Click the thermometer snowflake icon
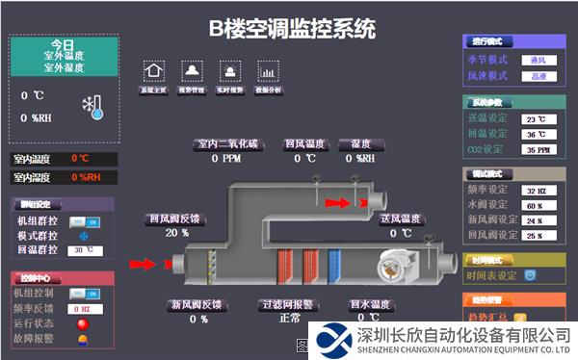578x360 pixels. (93, 107)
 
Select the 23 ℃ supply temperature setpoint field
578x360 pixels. (539, 119)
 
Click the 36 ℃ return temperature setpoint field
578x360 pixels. (539, 135)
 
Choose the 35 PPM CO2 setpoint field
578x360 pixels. (539, 150)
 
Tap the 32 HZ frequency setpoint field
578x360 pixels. (539, 190)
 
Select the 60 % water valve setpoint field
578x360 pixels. (539, 205)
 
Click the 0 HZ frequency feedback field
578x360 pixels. (85, 308)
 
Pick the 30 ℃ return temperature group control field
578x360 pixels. (85, 250)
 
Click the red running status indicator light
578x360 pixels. (84, 323)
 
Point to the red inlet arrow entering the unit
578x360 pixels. (142, 263)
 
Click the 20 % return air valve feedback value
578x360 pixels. (177, 233)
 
